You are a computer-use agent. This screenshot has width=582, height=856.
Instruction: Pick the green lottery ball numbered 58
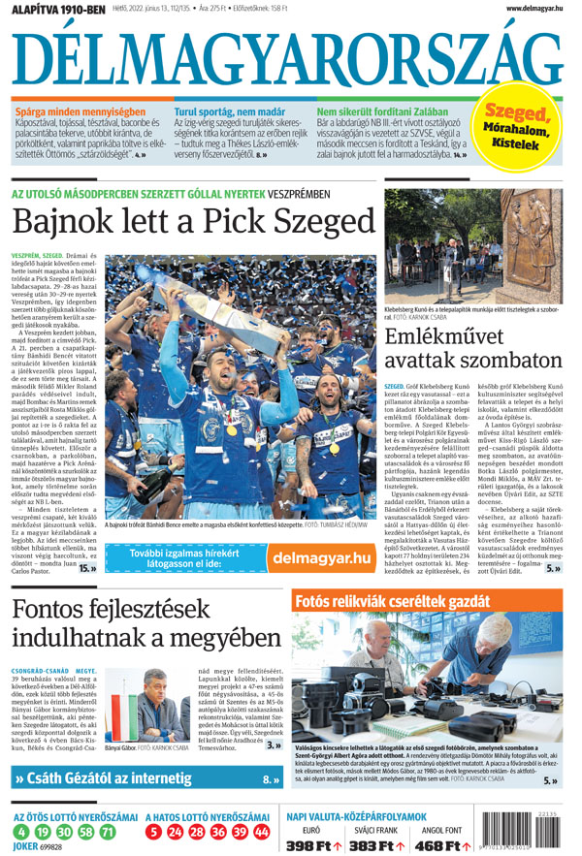[x=86, y=832]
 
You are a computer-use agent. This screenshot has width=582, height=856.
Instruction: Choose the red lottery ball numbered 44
[x=262, y=832]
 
